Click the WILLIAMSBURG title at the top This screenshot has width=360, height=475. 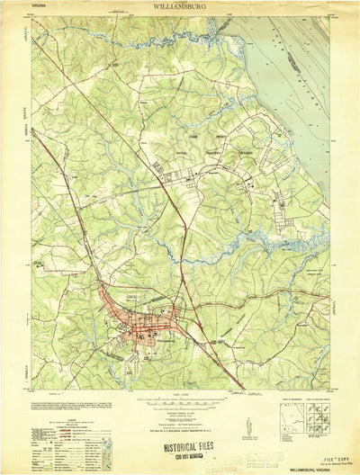[x=179, y=6]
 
